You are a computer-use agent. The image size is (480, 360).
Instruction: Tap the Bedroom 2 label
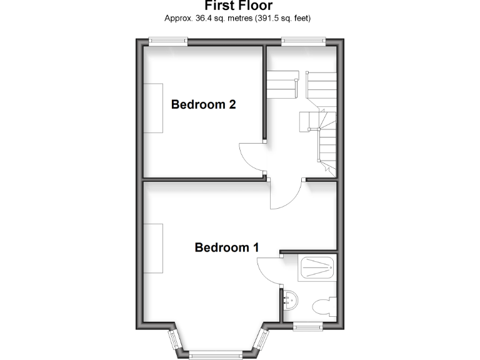pyautogui.click(x=203, y=104)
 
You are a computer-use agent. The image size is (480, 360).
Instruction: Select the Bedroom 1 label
pyautogui.click(x=226, y=247)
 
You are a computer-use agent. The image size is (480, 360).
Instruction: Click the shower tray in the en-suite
pyautogui.click(x=318, y=268)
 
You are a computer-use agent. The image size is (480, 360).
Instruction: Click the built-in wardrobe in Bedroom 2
pyautogui.click(x=154, y=107)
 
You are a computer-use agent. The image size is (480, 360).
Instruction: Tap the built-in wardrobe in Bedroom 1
pyautogui.click(x=154, y=247)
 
